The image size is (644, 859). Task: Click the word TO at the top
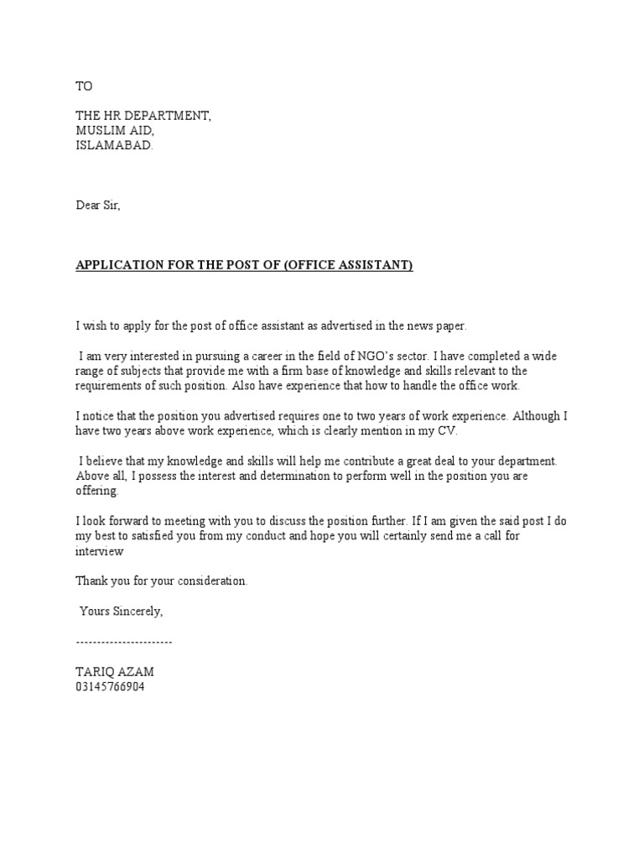coord(84,86)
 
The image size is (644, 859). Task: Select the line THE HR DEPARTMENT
coord(143,117)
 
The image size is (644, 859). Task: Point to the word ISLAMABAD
coord(115,145)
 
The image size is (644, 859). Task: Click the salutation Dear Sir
coord(98,206)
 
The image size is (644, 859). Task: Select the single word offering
coord(97,491)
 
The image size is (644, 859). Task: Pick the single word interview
coord(100,551)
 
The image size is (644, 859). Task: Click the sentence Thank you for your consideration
coord(162,580)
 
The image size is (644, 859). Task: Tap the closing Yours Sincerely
coord(121,612)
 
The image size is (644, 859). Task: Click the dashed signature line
coord(124,642)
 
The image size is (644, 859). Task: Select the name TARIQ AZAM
coord(115,672)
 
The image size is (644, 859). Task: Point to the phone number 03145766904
coord(110,686)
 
